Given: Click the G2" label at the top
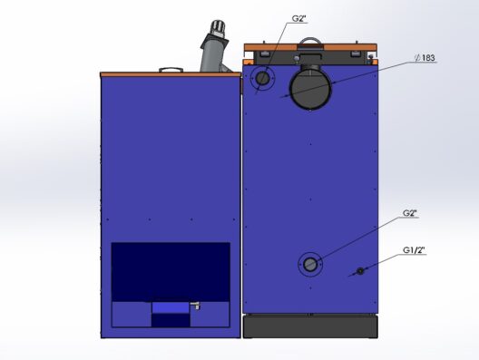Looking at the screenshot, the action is click(298, 19).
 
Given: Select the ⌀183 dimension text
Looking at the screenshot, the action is click(425, 58).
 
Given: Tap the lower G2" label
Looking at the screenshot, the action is click(410, 213).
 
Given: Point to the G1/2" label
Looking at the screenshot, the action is click(414, 250).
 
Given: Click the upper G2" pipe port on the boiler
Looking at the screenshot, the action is click(262, 79).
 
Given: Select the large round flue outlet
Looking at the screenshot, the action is click(310, 90).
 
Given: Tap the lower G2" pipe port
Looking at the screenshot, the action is click(310, 265).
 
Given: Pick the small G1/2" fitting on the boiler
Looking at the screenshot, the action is click(360, 271).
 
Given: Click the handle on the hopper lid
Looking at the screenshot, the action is click(171, 70).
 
